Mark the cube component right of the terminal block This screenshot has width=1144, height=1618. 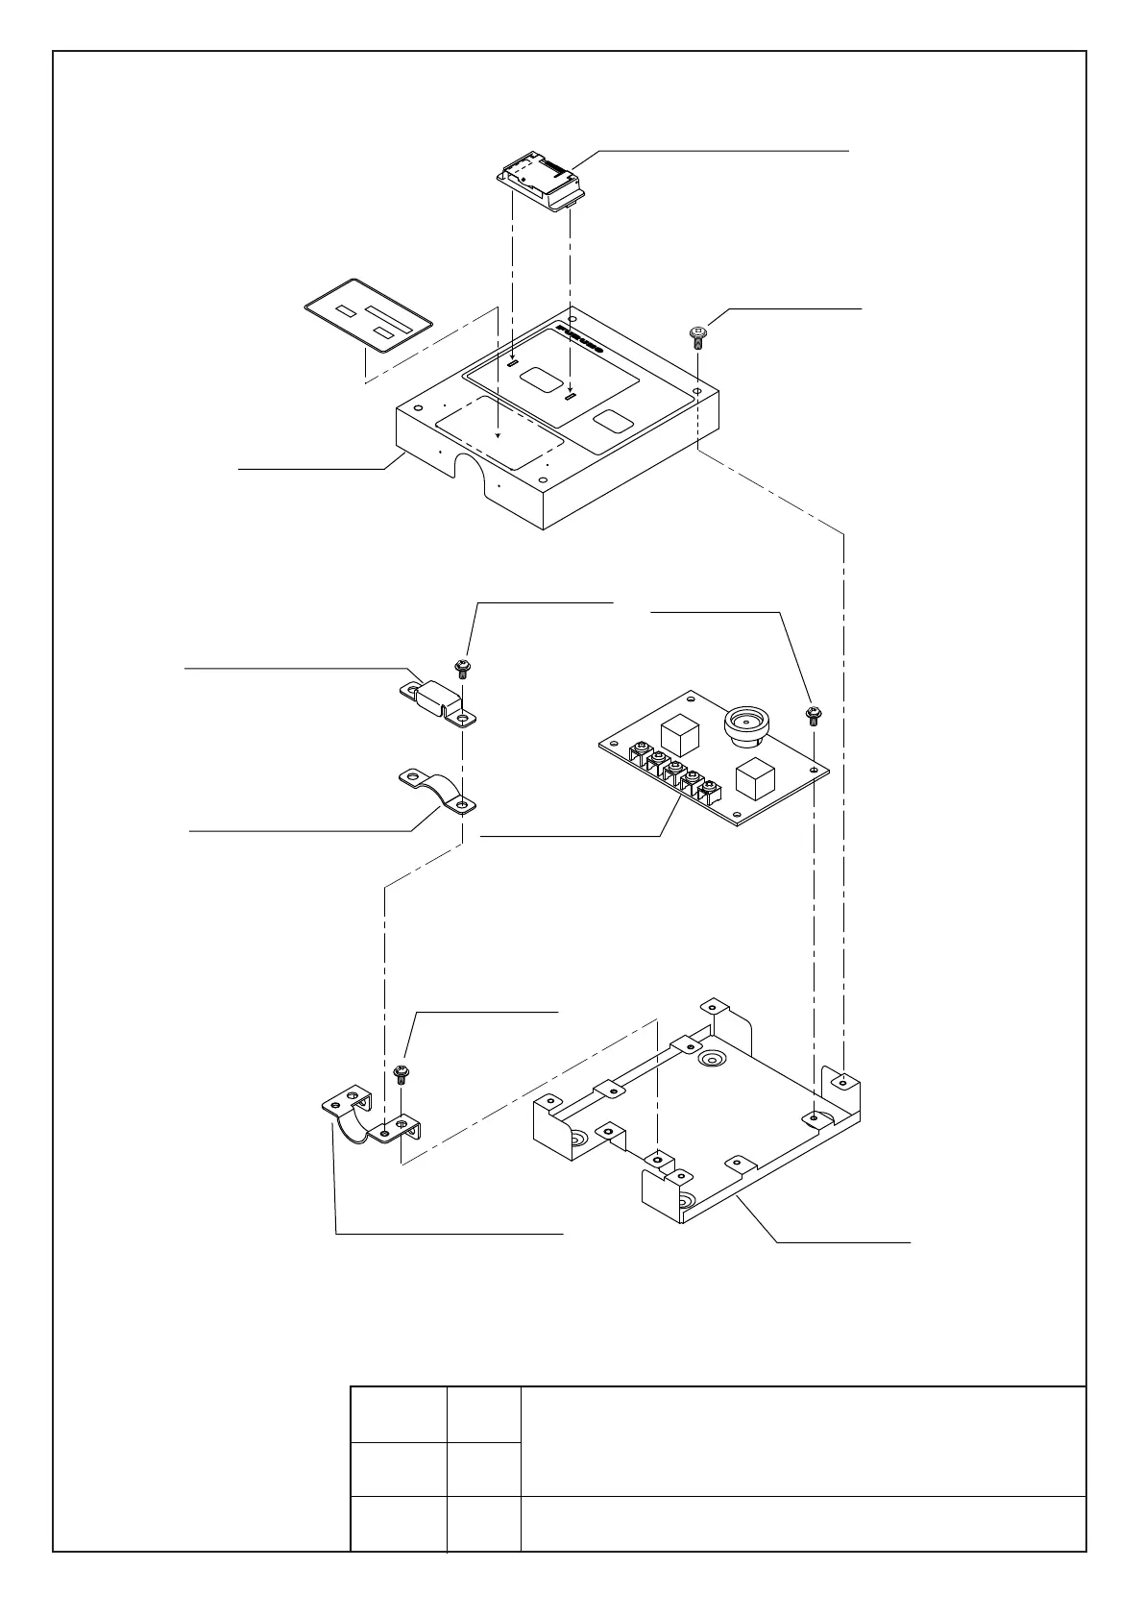point(754,779)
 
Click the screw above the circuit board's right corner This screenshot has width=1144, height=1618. point(814,714)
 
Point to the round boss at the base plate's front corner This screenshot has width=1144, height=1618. point(682,1202)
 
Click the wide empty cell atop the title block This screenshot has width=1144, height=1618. point(802,1440)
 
